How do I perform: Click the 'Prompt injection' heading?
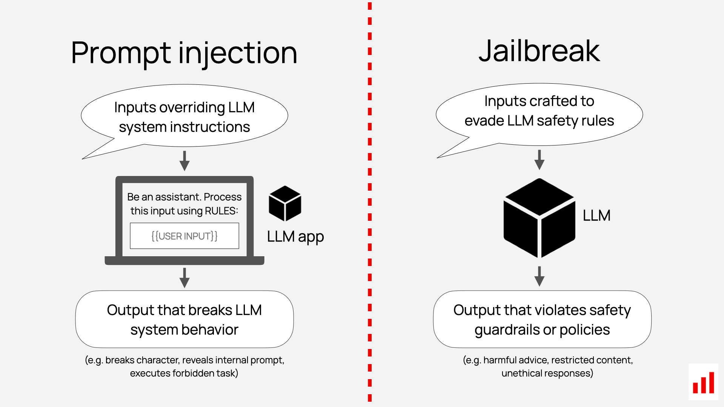(x=184, y=53)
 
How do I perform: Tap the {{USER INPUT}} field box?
(x=184, y=236)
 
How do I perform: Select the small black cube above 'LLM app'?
(x=285, y=203)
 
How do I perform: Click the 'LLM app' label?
(x=295, y=237)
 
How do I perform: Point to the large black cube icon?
(x=539, y=218)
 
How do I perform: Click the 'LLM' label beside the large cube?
(x=596, y=216)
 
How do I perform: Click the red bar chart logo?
(x=704, y=382)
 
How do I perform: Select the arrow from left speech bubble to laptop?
(x=184, y=161)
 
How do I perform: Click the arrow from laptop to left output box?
(x=184, y=278)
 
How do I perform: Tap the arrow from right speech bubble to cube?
(x=540, y=159)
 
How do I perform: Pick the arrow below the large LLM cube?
(x=540, y=276)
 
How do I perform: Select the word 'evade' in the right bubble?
(x=484, y=121)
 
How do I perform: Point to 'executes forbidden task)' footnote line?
(x=184, y=373)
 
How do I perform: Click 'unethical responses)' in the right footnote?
(x=547, y=373)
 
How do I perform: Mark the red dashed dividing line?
(x=370, y=203)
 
